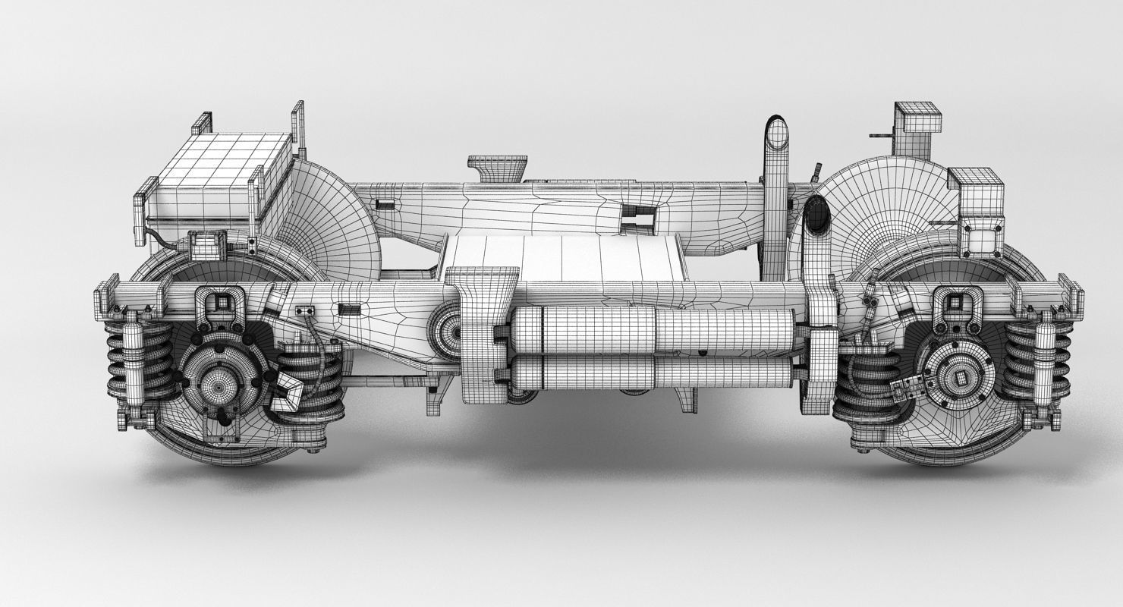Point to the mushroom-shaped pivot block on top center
[497, 167]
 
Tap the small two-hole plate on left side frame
[306, 310]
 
